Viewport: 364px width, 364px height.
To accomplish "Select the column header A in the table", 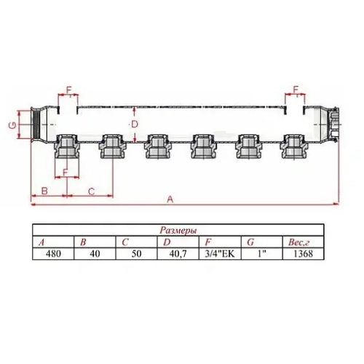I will pos(41,242).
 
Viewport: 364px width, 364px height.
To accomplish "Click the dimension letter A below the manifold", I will pos(172,199).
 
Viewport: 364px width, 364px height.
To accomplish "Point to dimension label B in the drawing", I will pos(45,191).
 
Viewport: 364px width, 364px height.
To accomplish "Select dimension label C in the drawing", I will pos(90,191).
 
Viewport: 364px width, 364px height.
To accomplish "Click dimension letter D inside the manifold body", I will pos(135,124).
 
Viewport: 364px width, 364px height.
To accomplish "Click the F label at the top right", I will pos(296,90).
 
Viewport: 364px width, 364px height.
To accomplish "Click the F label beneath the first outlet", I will pos(65,173).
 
